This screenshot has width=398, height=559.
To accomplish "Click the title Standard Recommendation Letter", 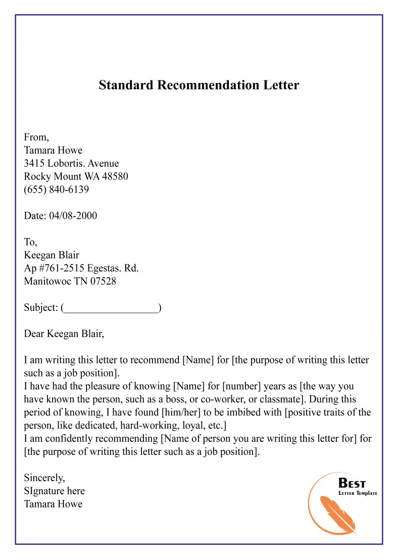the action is (199, 85).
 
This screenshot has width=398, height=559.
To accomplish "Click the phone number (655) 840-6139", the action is (57, 190).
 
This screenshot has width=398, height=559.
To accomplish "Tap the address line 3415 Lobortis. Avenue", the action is (71, 163).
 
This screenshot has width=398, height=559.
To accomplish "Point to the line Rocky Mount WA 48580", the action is (76, 176).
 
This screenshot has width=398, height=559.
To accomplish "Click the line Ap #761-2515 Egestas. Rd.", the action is (81, 268).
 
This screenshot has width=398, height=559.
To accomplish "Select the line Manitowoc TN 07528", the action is (70, 282).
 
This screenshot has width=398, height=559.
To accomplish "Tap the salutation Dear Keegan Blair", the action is (64, 334).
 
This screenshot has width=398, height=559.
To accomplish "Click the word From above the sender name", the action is (36, 137).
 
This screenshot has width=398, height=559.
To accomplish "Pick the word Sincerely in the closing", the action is (44, 478).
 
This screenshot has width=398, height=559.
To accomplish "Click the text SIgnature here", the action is (54, 491).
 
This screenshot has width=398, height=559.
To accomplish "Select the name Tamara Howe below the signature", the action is (53, 504).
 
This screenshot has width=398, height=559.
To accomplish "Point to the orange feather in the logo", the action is (336, 513).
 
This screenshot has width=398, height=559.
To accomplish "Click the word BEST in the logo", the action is (352, 483).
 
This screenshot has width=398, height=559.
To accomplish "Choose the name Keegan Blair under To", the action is (52, 255).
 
